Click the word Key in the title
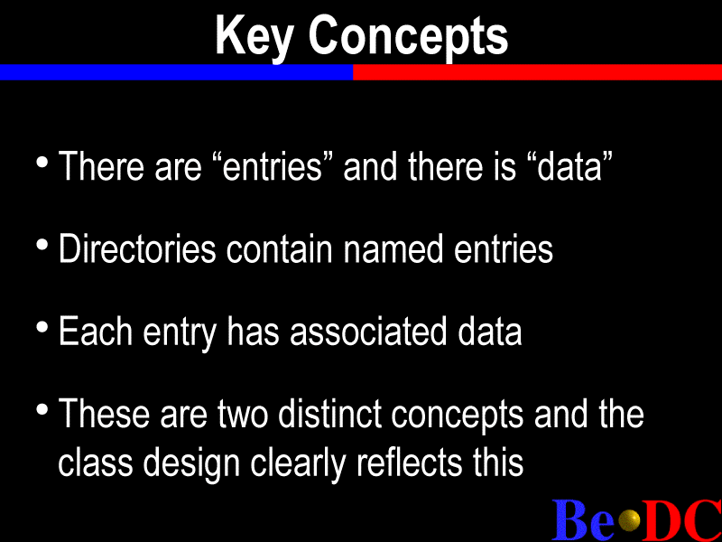[254, 37]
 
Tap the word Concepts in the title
[409, 37]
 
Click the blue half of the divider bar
[176, 72]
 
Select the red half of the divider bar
[537, 72]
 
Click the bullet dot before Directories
[42, 245]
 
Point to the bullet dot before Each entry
[42, 327]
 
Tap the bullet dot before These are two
[42, 409]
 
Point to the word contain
[279, 249]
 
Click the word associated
[368, 331]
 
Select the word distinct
[329, 414]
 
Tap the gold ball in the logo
[629, 520]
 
